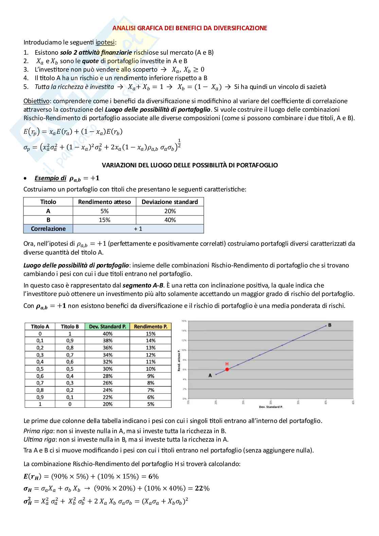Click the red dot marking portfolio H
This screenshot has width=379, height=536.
(227, 369)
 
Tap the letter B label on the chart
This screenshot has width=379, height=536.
(329, 325)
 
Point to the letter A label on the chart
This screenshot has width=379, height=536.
(210, 375)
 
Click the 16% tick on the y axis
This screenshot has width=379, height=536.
(184, 321)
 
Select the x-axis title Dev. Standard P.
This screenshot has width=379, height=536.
(271, 406)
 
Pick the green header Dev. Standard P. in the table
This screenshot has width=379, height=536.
(107, 327)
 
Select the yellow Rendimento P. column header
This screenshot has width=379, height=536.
(150, 327)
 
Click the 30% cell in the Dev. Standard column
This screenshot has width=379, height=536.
(107, 369)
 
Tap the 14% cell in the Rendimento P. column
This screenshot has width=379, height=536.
(150, 340)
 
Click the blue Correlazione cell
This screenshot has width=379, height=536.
(48, 229)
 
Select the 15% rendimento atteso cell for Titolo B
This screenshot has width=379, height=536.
(104, 220)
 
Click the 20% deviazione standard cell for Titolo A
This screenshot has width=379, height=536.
(170, 211)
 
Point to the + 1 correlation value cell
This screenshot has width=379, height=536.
(138, 229)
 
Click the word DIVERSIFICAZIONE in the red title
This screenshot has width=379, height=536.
(240, 28)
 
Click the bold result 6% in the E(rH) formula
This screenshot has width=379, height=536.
(154, 476)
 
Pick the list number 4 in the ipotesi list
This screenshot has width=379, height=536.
(26, 78)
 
